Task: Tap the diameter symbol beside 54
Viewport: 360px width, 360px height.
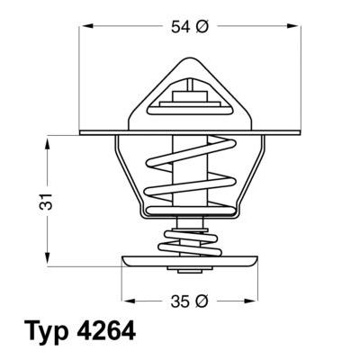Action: [x=202, y=28]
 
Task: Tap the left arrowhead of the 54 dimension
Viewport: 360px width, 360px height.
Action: [x=85, y=28]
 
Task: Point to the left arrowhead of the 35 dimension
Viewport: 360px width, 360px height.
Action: [x=125, y=301]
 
